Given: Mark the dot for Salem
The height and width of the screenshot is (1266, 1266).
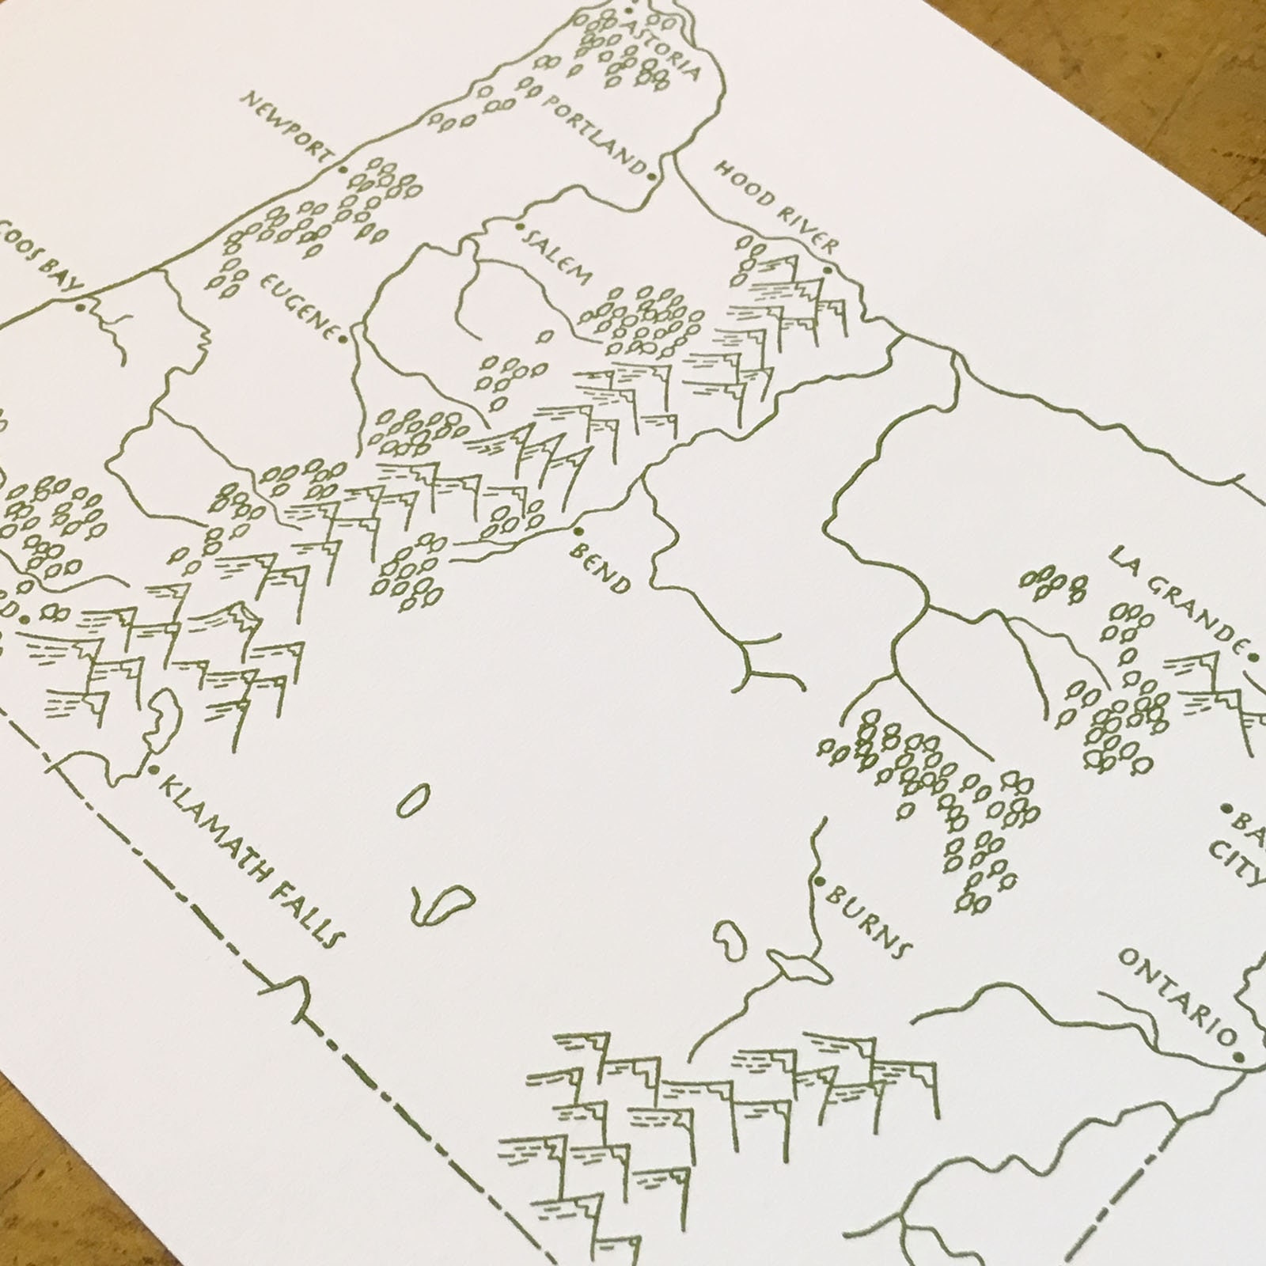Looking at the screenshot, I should [521, 228].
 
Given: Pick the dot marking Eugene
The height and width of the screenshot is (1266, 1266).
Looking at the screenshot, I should [343, 339].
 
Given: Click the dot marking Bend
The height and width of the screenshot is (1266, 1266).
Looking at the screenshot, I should [580, 531].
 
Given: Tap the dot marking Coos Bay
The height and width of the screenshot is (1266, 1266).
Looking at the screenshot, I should [80, 307].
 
